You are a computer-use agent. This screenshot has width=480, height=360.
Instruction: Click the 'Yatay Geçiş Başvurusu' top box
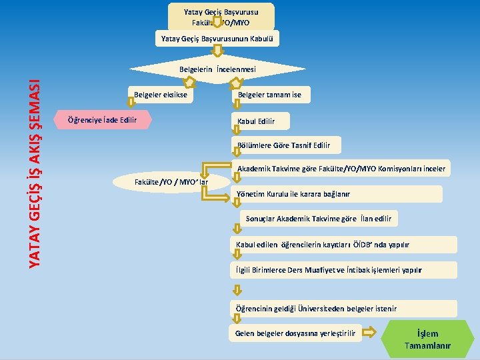point(221,17)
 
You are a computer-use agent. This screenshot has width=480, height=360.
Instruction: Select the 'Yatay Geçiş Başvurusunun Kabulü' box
point(217,39)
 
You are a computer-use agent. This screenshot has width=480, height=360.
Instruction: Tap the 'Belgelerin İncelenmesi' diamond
point(217,69)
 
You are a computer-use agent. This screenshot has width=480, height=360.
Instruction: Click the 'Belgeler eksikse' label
point(161,95)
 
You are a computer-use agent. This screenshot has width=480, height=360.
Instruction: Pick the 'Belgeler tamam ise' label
point(269,95)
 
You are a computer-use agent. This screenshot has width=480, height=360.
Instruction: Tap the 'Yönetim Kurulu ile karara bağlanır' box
point(337,194)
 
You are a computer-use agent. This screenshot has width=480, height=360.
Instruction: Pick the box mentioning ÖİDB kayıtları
point(344,245)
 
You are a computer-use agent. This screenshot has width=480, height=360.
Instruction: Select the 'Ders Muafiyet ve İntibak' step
point(344,270)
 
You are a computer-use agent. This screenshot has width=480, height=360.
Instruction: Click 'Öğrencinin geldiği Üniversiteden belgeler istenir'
point(344,309)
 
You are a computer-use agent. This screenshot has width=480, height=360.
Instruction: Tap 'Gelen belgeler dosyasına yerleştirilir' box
point(296,333)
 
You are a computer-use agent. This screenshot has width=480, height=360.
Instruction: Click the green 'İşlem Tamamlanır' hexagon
point(427,339)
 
